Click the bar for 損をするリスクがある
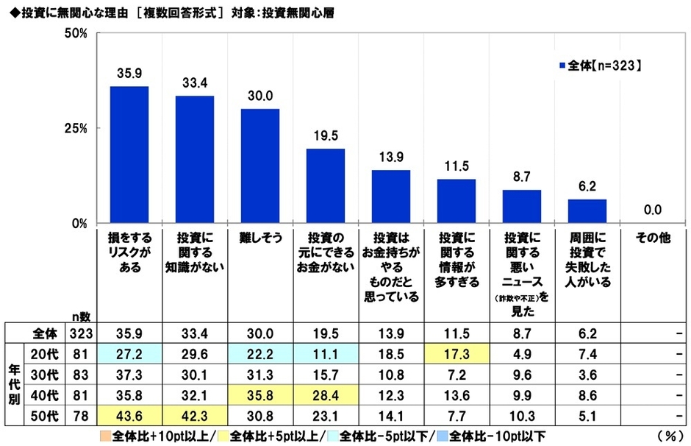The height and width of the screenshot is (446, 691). point(129,155)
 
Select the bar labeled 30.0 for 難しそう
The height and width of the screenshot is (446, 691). point(259,166)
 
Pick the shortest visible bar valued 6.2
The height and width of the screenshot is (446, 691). point(587,210)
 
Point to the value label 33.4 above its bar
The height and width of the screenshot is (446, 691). point(195,80)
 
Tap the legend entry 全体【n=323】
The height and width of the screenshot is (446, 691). point(601,66)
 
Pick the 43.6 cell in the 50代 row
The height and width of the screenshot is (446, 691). point(129,414)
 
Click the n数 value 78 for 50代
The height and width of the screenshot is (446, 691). point(82,414)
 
